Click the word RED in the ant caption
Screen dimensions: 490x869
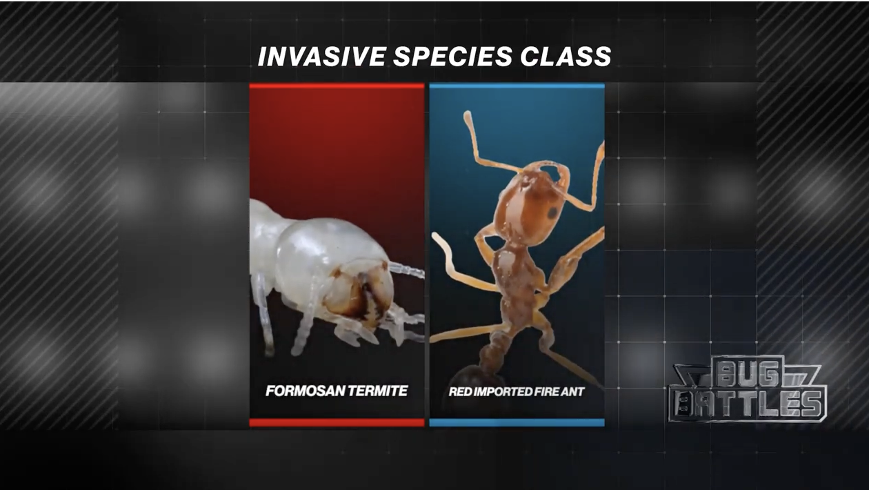(461, 392)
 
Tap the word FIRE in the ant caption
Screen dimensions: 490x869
(546, 392)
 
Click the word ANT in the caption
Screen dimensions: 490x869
(573, 392)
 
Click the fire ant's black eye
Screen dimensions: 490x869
(552, 213)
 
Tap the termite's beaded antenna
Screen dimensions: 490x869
(407, 269)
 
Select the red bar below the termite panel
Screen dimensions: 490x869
(337, 422)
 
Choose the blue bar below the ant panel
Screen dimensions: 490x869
(517, 422)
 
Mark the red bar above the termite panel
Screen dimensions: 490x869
(337, 86)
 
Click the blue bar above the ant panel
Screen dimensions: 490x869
(517, 86)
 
